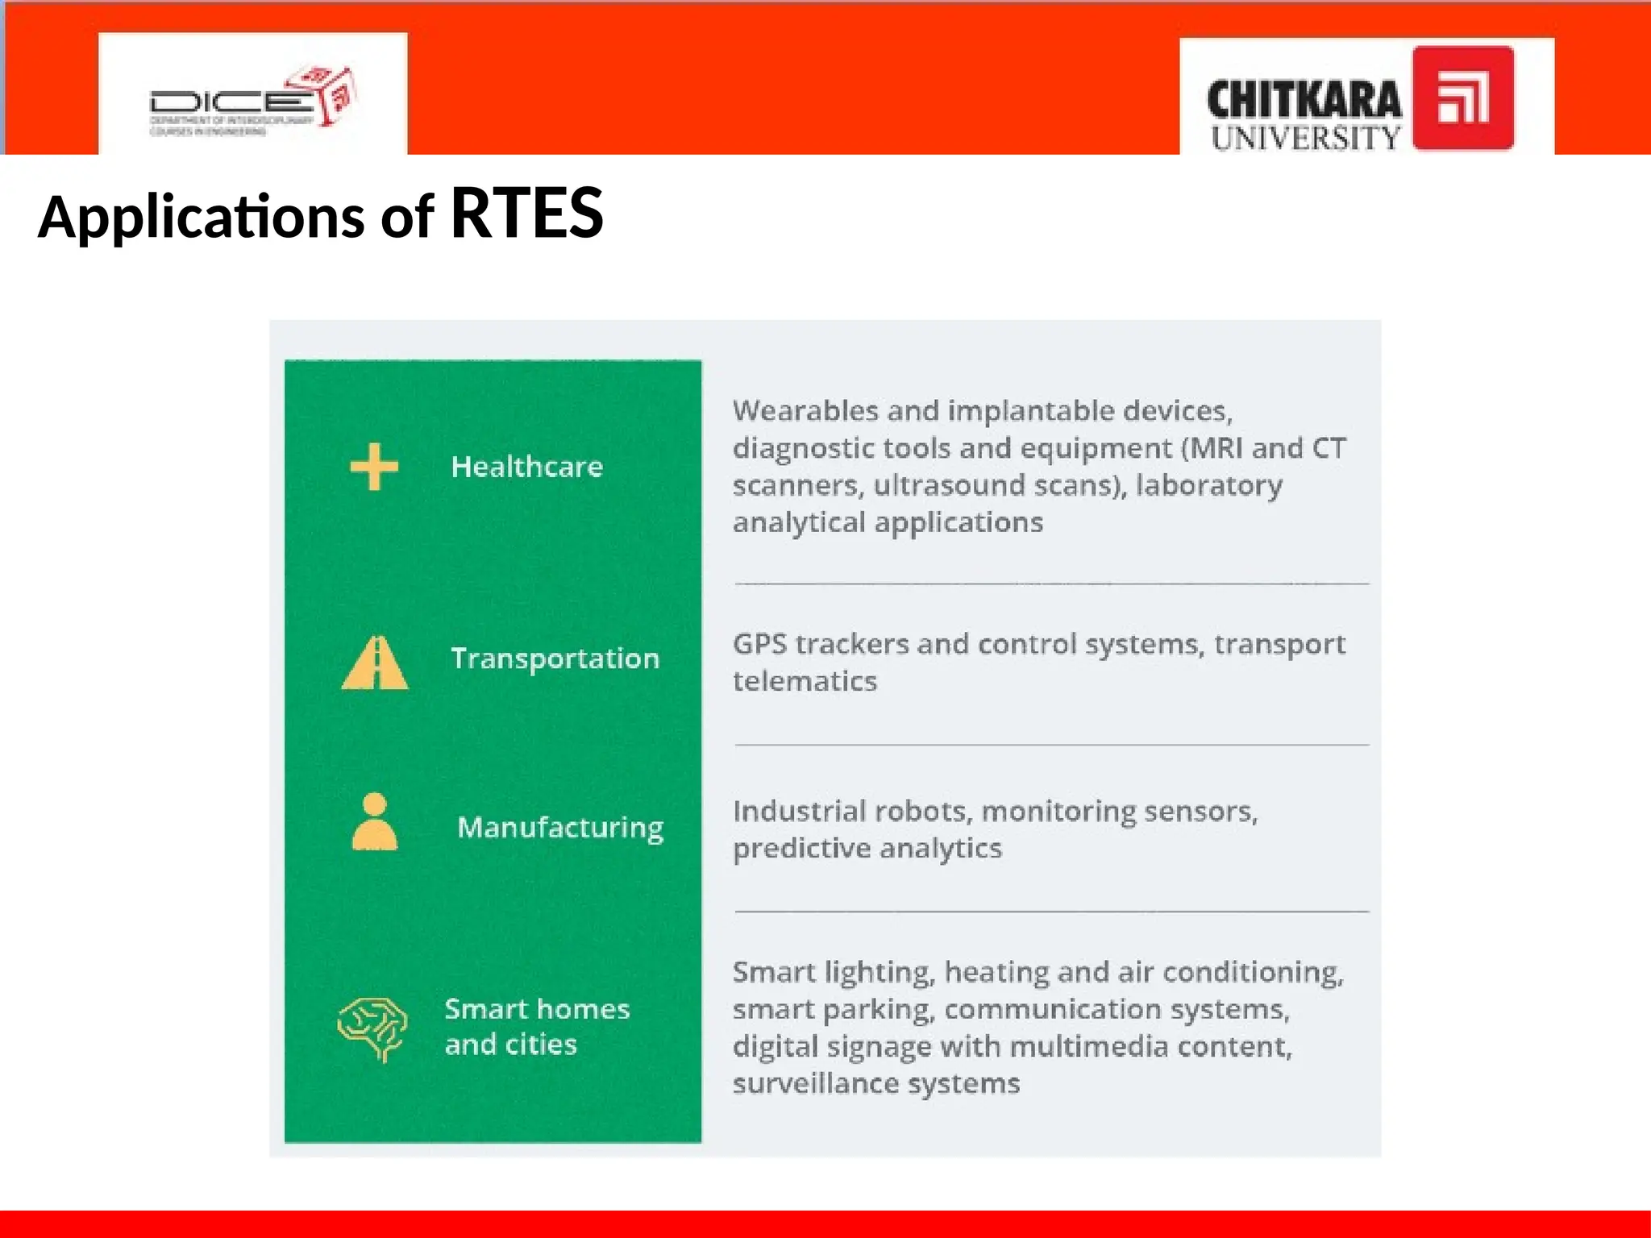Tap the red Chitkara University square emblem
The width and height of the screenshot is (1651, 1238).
point(1462,98)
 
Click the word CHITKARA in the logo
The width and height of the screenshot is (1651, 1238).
point(1304,100)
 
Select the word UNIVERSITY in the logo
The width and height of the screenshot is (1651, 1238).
point(1305,138)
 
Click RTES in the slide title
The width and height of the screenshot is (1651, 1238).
point(526,214)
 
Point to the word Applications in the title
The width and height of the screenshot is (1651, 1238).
point(202,218)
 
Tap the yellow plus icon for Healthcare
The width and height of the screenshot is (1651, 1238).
point(374,467)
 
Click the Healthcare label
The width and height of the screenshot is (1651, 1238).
point(526,467)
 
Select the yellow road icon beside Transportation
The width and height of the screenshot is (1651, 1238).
point(375,663)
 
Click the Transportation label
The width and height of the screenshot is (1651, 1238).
point(555,658)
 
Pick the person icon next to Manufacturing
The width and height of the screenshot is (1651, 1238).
point(375,821)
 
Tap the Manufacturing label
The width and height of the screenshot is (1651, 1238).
point(560,828)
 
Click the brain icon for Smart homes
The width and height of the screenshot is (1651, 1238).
point(372,1028)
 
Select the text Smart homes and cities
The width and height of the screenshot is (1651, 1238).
point(536,1026)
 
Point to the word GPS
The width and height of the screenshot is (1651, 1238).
point(759,644)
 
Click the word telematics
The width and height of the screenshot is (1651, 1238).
point(805,682)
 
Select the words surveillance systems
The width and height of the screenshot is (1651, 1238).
point(875,1083)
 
